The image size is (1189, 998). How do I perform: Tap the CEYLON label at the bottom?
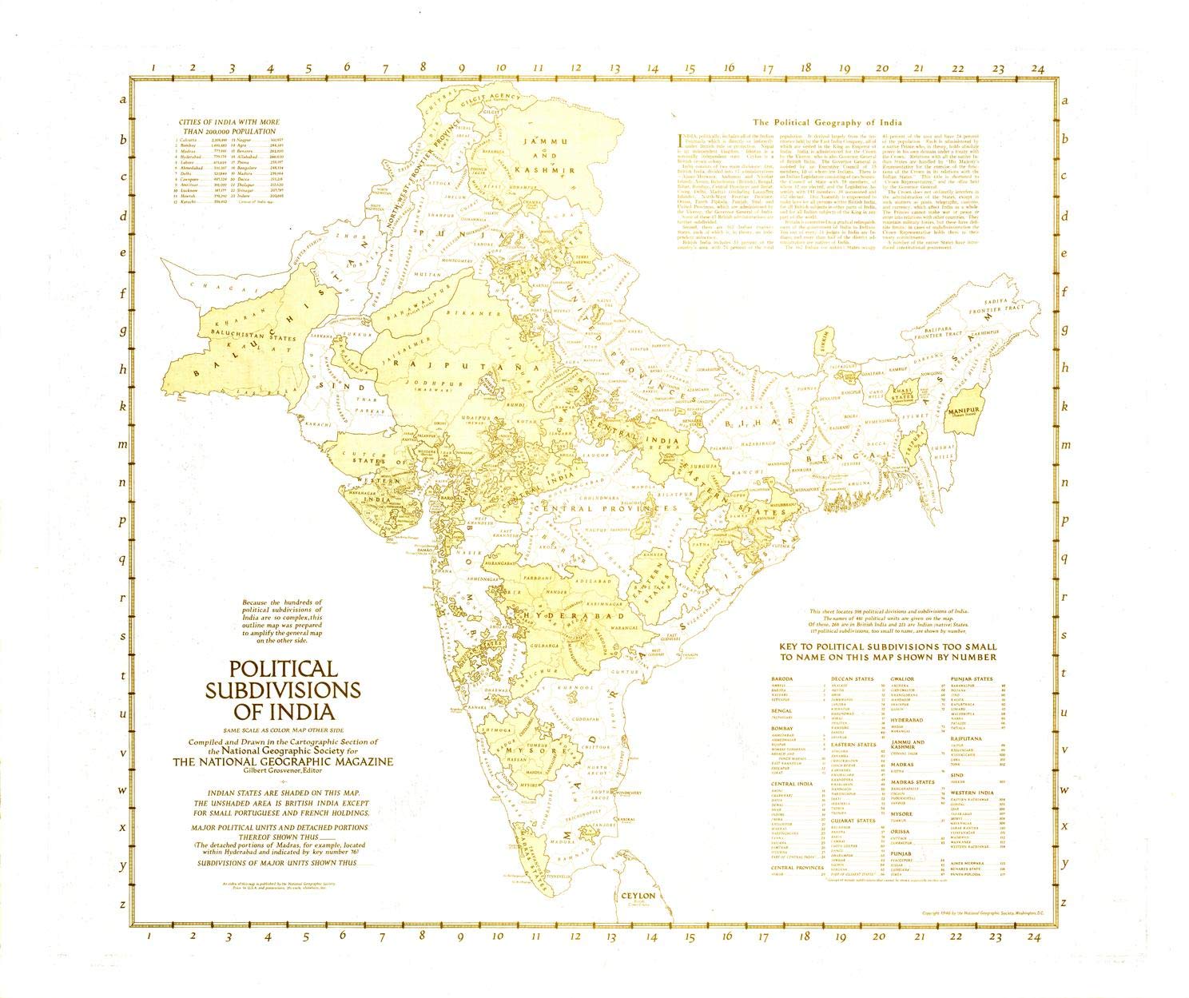point(637,896)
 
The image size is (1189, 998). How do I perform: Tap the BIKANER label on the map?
point(467,313)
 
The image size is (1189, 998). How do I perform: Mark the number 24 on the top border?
point(1036,69)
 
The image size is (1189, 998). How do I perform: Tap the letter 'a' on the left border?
point(122,101)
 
